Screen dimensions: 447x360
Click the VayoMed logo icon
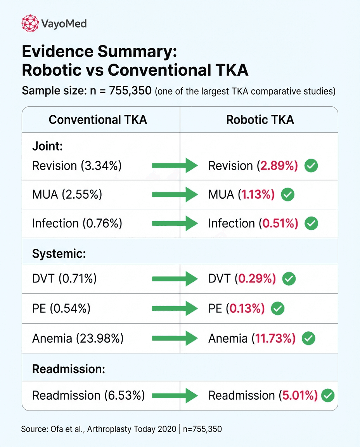click(x=30, y=23)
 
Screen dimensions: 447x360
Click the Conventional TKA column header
click(x=98, y=120)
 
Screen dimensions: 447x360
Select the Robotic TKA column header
click(x=260, y=120)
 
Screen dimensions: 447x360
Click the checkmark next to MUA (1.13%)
click(x=287, y=195)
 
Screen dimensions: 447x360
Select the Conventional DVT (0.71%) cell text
click(x=64, y=278)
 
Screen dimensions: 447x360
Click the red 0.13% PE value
click(x=247, y=308)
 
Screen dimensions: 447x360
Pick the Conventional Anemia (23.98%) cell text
click(x=78, y=338)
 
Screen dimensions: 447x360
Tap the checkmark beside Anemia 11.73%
click(x=308, y=338)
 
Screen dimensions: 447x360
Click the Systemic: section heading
click(x=59, y=254)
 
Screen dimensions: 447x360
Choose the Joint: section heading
click(x=48, y=146)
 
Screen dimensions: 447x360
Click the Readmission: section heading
click(x=69, y=369)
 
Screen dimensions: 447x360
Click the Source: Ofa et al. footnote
click(x=121, y=429)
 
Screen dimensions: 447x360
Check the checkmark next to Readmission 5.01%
click(x=328, y=395)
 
